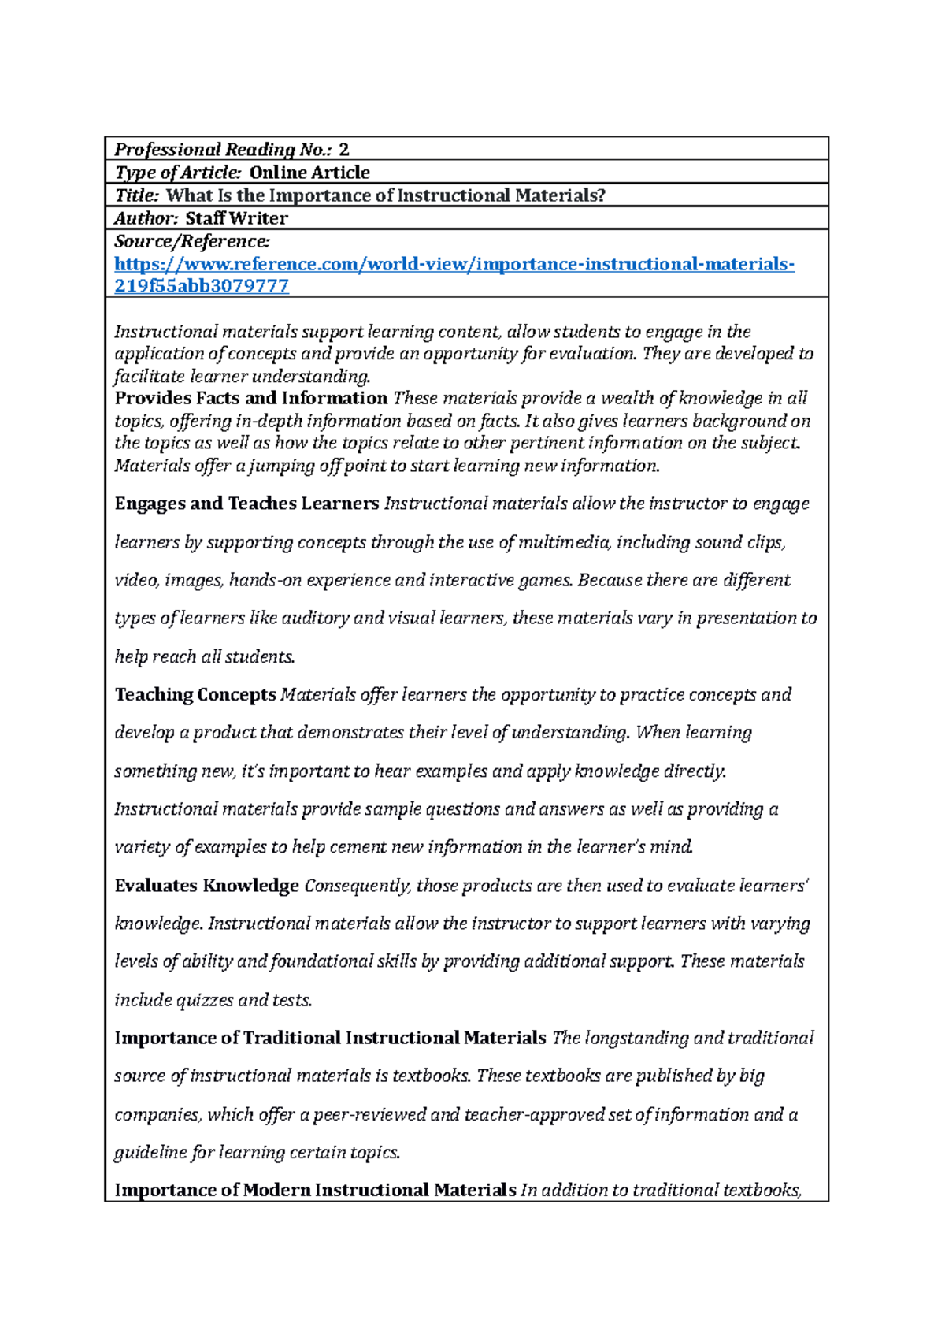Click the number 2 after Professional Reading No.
pos(344,150)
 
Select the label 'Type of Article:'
pos(178,173)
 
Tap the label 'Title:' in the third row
pos(137,195)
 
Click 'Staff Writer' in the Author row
pos(236,218)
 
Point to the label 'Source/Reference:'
pos(192,241)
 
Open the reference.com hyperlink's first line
pos(454,264)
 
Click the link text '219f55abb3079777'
pos(202,286)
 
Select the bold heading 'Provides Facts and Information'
pos(251,398)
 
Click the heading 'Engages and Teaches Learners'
pos(246,504)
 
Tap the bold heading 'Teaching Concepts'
pos(195,695)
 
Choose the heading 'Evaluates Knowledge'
pos(206,886)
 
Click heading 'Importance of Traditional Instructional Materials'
pos(330,1038)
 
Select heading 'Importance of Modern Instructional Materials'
pos(315,1190)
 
